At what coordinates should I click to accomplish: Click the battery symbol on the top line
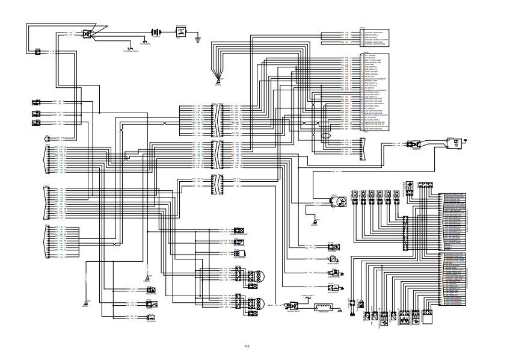(x=156, y=33)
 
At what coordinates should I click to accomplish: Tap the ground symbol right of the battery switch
(x=197, y=36)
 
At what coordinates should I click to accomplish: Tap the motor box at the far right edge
(x=456, y=143)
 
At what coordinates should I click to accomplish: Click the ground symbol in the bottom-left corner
(x=85, y=303)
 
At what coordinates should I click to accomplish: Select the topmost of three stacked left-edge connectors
(x=36, y=102)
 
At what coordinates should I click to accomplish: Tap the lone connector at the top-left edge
(x=37, y=52)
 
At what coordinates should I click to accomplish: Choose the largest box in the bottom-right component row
(x=428, y=315)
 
